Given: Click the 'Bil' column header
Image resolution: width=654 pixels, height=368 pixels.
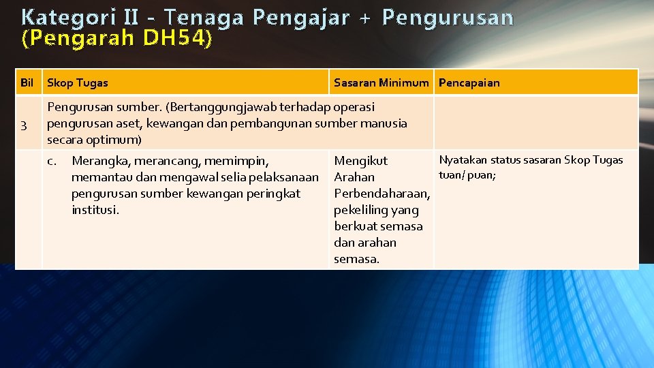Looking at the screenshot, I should pos(27,82).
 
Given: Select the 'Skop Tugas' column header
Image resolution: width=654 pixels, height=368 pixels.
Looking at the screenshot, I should pos(77,82).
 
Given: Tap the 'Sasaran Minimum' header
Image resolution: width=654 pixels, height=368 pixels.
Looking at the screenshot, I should pos(381,82).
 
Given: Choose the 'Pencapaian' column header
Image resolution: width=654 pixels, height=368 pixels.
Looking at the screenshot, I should pos(469,82).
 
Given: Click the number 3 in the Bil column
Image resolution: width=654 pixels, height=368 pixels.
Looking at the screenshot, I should pos(24,124).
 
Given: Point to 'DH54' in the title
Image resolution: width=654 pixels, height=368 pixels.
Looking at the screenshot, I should pos(176,40).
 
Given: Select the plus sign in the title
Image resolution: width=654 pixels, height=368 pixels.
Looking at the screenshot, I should pos(365,18).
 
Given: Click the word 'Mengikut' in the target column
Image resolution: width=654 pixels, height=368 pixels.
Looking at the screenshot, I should pos(360,161).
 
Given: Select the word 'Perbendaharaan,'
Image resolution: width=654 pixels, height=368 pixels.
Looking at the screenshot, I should pos(381,194).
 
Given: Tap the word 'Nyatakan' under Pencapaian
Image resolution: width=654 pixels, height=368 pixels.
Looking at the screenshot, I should pos(463,160).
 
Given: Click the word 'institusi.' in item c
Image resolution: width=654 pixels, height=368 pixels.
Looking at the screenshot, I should pos(95,210).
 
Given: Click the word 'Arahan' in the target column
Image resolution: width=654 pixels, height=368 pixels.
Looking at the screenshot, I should pos(354,177).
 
